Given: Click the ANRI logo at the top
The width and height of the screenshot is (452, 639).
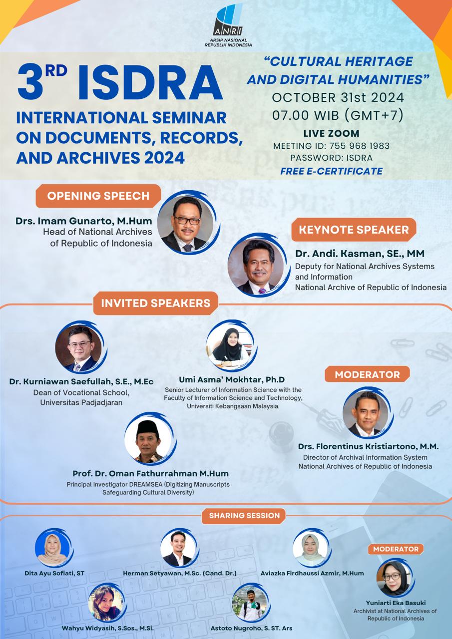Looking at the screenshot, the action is pyautogui.click(x=228, y=25).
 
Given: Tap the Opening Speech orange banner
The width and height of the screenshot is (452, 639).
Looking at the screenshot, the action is pyautogui.click(x=98, y=196).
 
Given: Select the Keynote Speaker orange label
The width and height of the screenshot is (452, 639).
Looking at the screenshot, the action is pyautogui.click(x=354, y=230).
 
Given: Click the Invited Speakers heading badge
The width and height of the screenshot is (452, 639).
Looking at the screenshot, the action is pyautogui.click(x=156, y=303).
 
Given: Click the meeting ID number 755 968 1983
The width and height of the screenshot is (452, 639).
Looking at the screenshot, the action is pyautogui.click(x=359, y=146).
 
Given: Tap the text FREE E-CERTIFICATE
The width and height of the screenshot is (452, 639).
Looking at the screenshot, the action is pyautogui.click(x=331, y=171).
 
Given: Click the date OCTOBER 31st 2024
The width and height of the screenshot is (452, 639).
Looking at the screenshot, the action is pyautogui.click(x=338, y=97).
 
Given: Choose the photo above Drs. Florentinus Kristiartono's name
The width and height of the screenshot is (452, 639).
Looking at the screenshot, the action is pyautogui.click(x=367, y=412).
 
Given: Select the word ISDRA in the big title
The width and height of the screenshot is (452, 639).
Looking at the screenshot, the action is pyautogui.click(x=150, y=83).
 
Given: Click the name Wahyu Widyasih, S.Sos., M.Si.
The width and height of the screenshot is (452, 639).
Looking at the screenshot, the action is pyautogui.click(x=108, y=628).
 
